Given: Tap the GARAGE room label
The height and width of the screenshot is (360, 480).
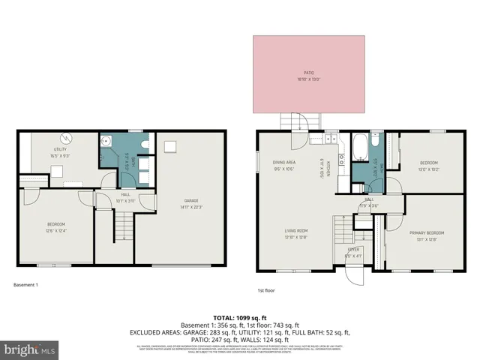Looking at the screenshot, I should pos(192,200).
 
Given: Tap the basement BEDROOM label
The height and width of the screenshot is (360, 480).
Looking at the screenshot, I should pos(55,225).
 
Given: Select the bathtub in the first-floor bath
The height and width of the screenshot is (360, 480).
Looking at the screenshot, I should pos(358,142).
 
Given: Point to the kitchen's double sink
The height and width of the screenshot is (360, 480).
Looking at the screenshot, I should pos(341,158).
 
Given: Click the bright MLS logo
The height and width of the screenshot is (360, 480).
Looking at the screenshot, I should pos(30,349).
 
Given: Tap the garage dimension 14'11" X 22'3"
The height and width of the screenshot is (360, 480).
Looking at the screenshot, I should pos(192,206).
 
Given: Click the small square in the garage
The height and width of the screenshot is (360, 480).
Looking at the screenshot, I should pos(170,145).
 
